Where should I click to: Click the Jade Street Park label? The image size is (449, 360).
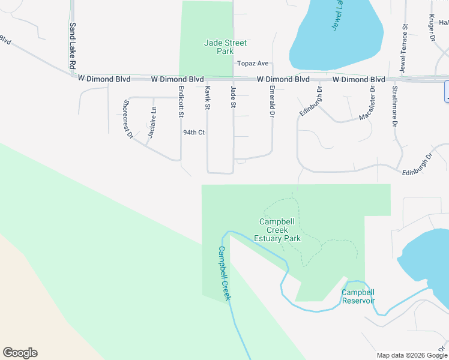click(x=217, y=47)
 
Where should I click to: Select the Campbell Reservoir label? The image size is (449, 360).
click(x=358, y=296)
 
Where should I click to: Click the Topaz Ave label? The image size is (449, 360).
click(x=253, y=63)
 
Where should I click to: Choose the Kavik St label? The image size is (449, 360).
click(x=208, y=97)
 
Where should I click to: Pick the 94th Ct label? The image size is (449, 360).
click(x=194, y=132)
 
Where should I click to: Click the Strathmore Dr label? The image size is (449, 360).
click(x=394, y=107)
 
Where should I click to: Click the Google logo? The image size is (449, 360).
click(x=20, y=353)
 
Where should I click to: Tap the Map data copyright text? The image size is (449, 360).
click(x=412, y=355)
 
